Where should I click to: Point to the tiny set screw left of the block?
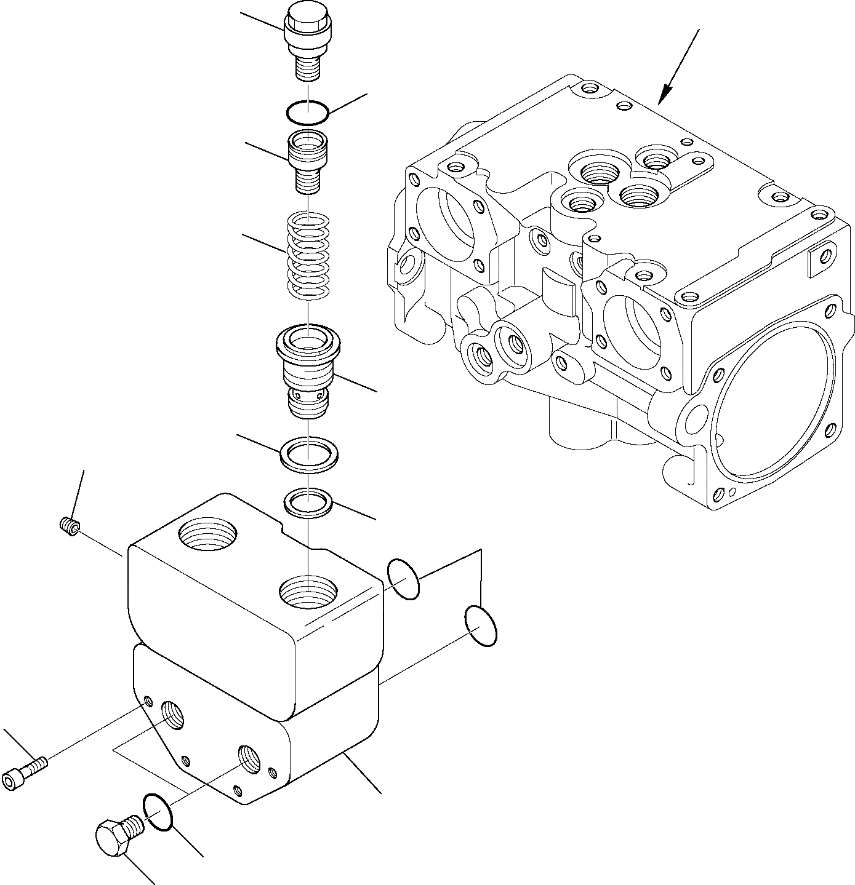click(71, 526)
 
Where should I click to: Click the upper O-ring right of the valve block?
click(404, 579)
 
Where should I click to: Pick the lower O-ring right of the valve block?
click(481, 626)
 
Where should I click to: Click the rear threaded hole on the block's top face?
click(206, 533)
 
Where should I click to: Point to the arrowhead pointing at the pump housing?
click(664, 97)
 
